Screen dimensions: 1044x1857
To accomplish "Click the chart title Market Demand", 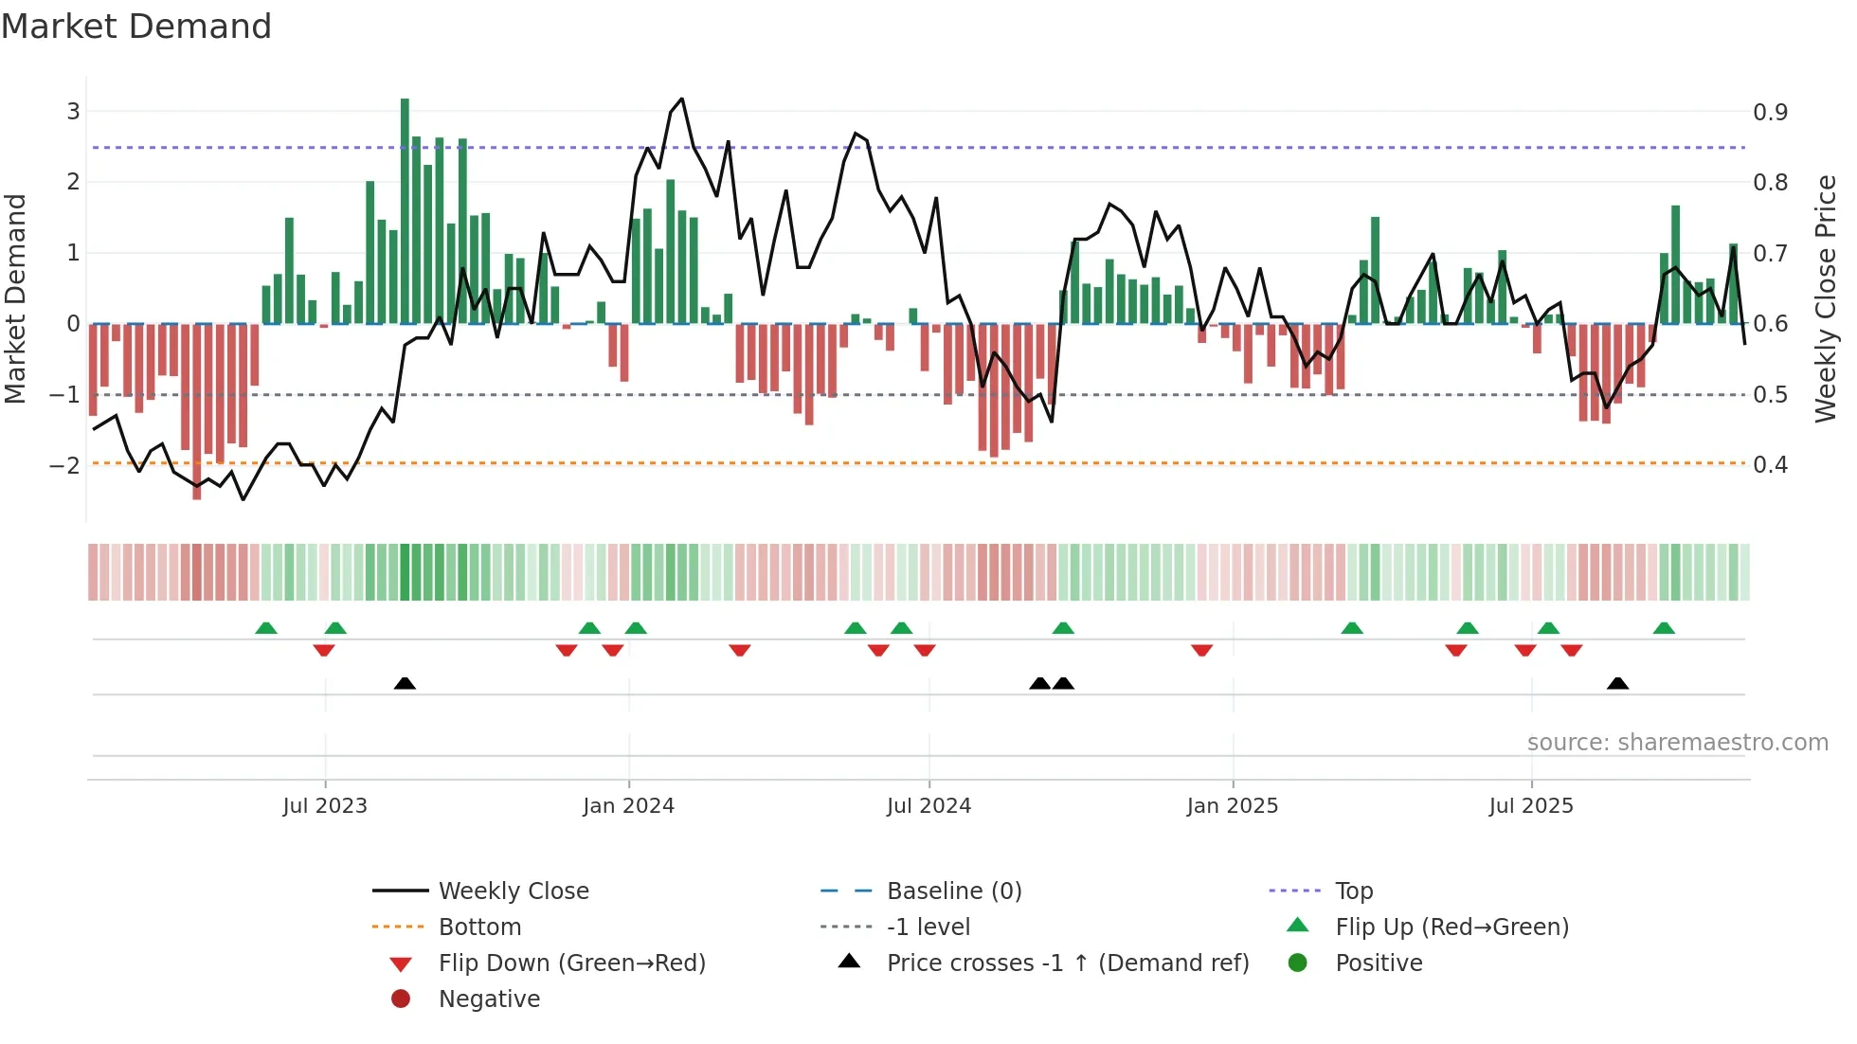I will click(x=136, y=27).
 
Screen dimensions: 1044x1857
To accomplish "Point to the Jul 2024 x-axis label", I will click(x=928, y=806).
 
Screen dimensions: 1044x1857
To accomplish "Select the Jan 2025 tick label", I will click(x=1232, y=806).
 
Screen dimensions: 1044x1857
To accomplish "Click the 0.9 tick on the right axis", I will click(x=1770, y=113).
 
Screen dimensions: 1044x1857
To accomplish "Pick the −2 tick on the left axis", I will click(x=64, y=465).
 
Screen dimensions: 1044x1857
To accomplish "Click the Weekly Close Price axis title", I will click(x=1825, y=298).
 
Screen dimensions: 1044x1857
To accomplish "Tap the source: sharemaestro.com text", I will click(x=1677, y=743).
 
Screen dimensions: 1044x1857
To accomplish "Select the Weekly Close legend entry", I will click(x=513, y=891).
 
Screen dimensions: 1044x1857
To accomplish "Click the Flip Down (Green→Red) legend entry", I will click(x=571, y=963).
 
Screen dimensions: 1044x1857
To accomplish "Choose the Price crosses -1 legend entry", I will click(x=1067, y=963).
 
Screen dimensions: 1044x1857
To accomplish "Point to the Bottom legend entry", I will click(x=479, y=927).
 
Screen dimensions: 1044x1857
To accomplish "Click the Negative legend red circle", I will click(x=401, y=999).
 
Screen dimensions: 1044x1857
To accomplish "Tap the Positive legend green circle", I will click(x=1298, y=963).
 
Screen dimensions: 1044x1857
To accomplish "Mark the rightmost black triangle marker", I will click(x=1617, y=684).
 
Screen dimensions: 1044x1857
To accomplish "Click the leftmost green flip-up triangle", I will click(x=266, y=628).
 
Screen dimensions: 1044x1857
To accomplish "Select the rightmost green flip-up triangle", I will click(x=1664, y=628).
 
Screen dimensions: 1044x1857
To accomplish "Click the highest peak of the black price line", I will click(x=681, y=99).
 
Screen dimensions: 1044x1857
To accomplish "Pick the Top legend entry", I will click(x=1353, y=891).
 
